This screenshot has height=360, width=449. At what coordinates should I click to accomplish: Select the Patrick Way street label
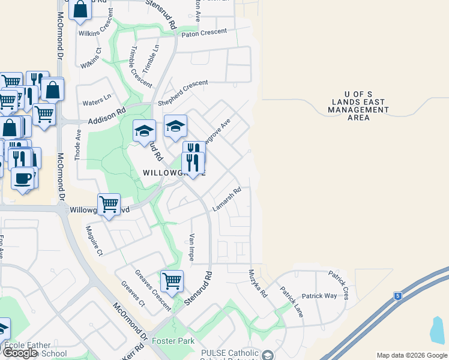(x=319, y=296)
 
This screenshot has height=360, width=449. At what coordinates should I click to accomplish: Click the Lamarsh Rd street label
(x=227, y=200)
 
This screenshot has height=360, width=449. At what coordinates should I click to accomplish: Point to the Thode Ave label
(x=77, y=146)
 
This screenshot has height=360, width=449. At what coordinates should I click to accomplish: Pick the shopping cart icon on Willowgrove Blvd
(x=109, y=205)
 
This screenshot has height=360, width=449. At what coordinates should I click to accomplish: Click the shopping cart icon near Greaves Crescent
(x=172, y=280)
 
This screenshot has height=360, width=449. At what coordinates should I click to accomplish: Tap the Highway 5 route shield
(x=398, y=296)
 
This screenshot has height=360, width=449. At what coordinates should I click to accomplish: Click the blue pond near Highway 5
(x=438, y=328)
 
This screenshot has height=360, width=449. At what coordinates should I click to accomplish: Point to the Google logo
(x=20, y=353)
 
